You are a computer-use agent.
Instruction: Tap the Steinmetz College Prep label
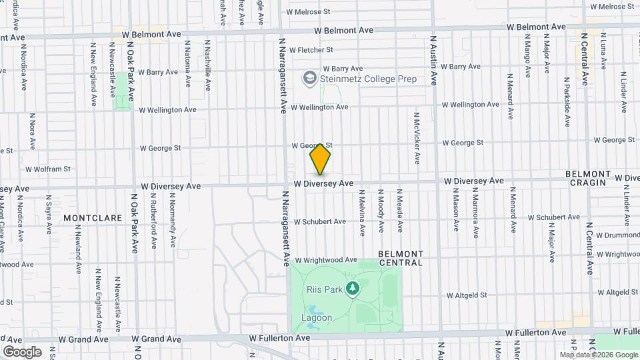click(x=368, y=79)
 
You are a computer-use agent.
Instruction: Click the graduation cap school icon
click(x=309, y=79)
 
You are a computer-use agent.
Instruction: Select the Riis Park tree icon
click(x=353, y=289)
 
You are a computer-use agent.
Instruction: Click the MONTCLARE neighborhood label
click(x=93, y=218)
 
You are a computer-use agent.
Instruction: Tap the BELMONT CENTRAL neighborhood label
click(x=401, y=258)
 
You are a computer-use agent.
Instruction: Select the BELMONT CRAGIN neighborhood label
click(x=586, y=178)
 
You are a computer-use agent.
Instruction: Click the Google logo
click(x=22, y=352)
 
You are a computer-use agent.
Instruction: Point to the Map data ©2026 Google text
click(x=599, y=355)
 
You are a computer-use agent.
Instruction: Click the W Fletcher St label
click(x=306, y=50)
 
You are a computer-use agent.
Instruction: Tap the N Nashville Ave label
click(x=208, y=65)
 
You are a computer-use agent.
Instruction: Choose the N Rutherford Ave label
click(x=153, y=224)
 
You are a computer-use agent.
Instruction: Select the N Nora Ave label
click(x=32, y=131)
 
